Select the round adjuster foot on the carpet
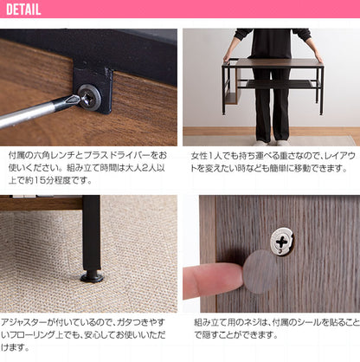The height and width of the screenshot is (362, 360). click(92, 277)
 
